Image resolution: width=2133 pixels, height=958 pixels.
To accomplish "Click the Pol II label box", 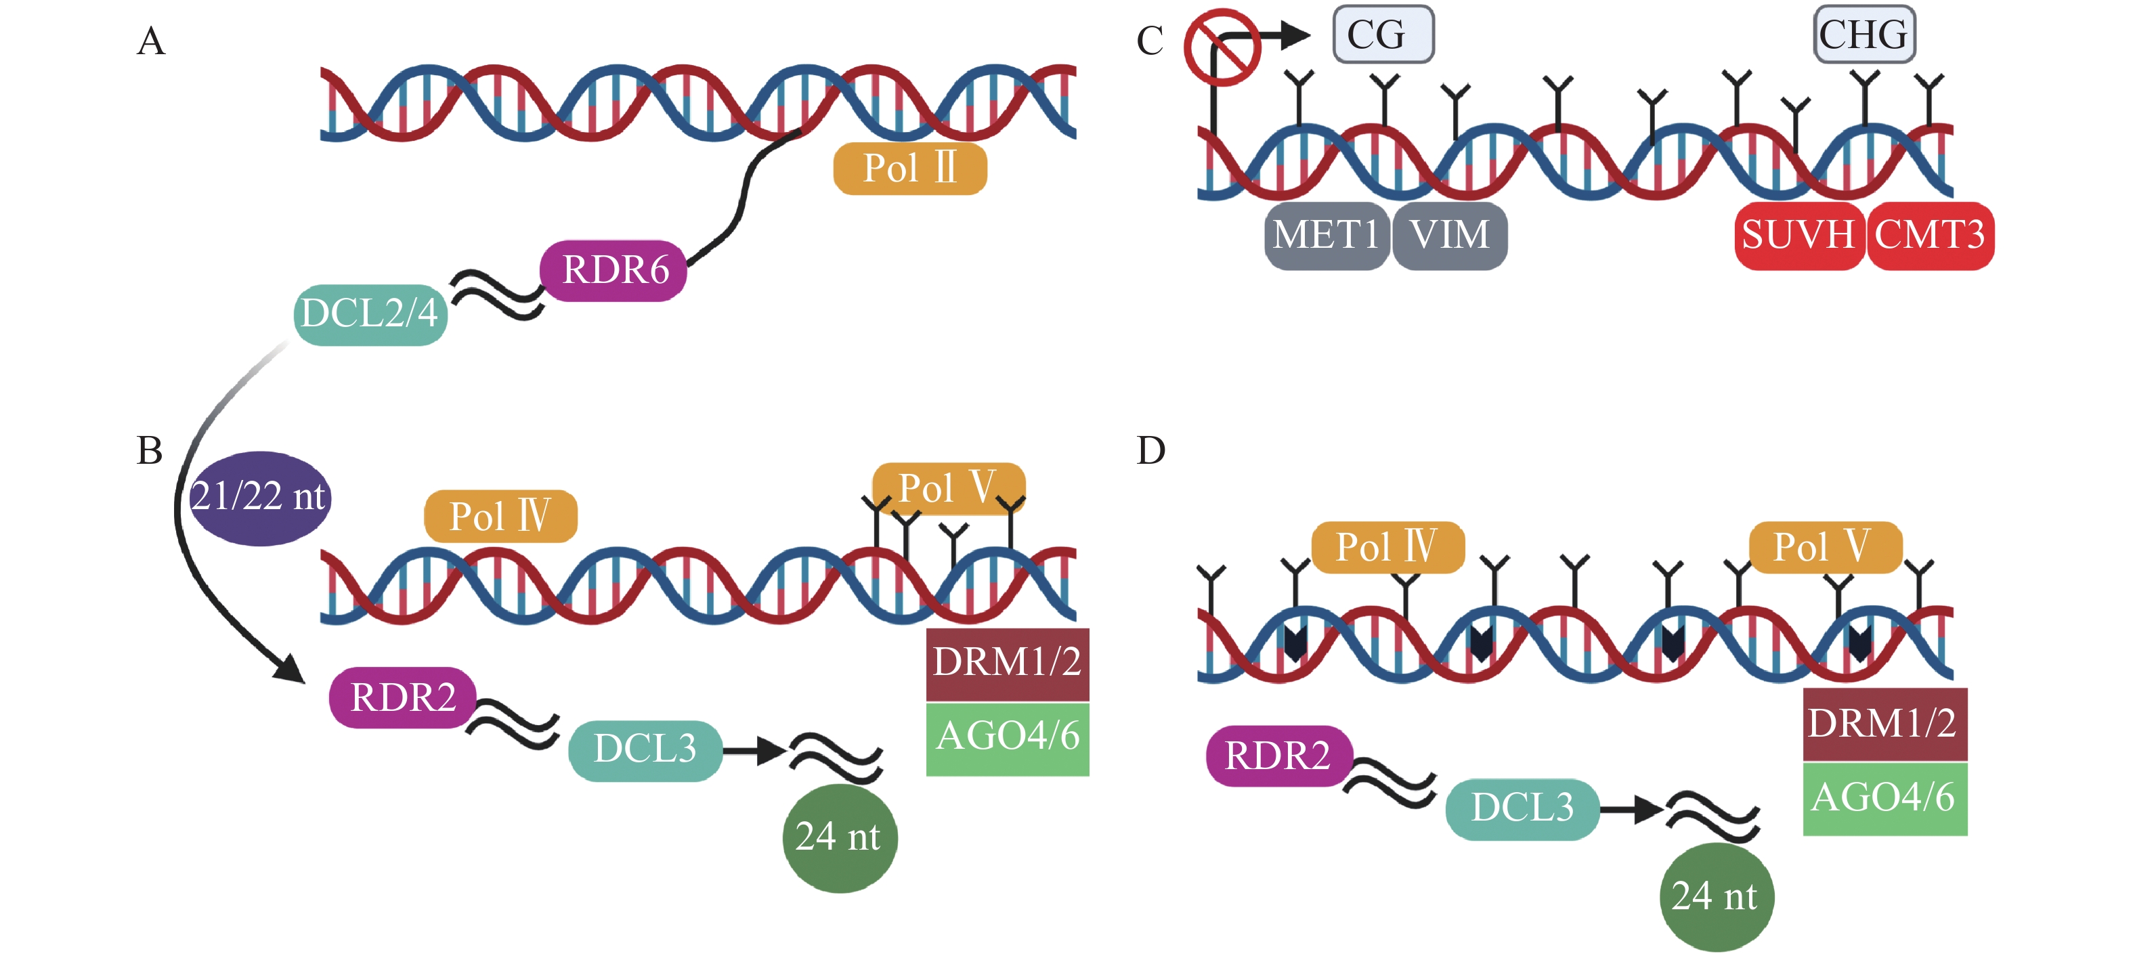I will pos(909,169).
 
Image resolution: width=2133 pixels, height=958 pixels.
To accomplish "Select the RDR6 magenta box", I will pos(613,271).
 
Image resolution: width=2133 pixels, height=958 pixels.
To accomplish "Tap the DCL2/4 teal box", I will pos(370,314).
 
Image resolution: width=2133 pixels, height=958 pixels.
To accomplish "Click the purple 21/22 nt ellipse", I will pos(260,497).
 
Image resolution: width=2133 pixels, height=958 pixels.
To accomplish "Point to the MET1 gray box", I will pos(1326,235).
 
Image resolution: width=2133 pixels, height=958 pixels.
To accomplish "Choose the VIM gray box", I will pos(1449,235).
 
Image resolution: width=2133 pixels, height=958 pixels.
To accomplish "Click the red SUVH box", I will pos(1798,235).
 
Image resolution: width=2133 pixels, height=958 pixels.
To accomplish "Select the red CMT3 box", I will pos(1930,235).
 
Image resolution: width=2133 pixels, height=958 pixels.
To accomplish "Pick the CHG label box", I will pos(1864,35).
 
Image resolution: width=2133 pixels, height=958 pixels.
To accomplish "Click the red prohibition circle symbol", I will pos(1222,47).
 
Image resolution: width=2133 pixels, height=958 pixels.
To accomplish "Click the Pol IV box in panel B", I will pos(500,516).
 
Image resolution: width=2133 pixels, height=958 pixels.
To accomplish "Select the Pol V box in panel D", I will pos(1824,547).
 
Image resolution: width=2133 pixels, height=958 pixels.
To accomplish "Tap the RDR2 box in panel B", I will pos(402,697).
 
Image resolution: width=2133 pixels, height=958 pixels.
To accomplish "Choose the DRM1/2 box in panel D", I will pos(1884,723).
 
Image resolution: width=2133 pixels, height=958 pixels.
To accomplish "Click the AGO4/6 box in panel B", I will pos(1007,737).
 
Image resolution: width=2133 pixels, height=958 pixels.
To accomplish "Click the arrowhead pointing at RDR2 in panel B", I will pos(291,669).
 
